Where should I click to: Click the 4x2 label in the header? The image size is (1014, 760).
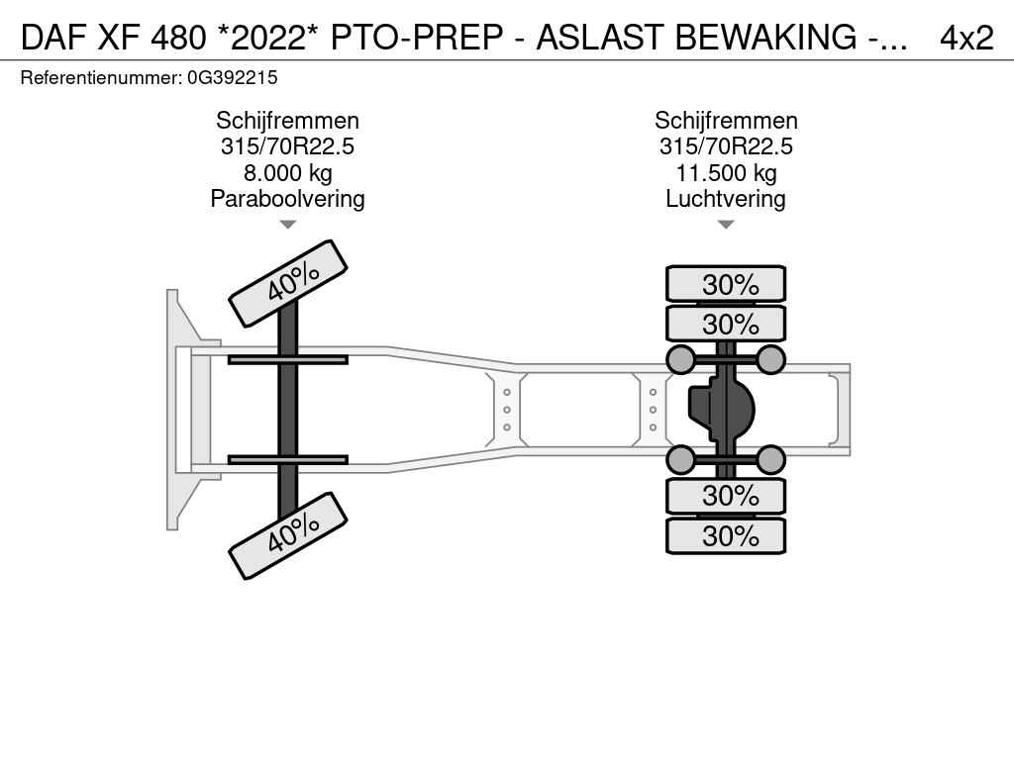click(x=966, y=38)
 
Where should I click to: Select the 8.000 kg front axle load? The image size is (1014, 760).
click(x=287, y=173)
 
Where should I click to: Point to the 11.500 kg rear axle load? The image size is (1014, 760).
click(x=726, y=173)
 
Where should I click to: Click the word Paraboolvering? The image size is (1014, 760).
click(x=287, y=199)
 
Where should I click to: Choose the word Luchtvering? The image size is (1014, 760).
click(x=726, y=199)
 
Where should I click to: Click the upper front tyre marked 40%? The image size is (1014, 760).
click(x=288, y=283)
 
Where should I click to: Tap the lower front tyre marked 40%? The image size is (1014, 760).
click(x=288, y=536)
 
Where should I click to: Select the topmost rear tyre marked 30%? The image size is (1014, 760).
click(x=726, y=284)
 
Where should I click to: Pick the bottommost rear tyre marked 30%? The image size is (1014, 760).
click(x=726, y=536)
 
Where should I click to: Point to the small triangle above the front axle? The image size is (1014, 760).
click(x=287, y=225)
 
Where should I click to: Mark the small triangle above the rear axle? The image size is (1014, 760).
click(x=726, y=225)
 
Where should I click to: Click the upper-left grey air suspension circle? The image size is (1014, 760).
click(x=680, y=359)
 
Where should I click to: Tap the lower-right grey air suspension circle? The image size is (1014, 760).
click(x=770, y=459)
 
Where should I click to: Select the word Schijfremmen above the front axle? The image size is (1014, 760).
click(x=287, y=121)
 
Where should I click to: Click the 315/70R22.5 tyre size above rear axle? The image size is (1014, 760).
click(x=726, y=146)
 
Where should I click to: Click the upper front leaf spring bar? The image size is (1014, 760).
click(x=287, y=359)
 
